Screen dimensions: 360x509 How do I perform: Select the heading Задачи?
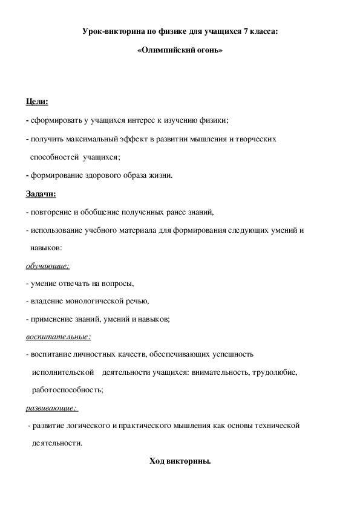pos(41,193)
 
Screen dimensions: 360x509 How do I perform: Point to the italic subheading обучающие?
pos(48,265)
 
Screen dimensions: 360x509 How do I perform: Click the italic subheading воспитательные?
pos(58,336)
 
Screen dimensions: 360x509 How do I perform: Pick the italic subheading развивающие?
pos(53,407)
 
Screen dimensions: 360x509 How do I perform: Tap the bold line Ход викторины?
pos(180,461)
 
